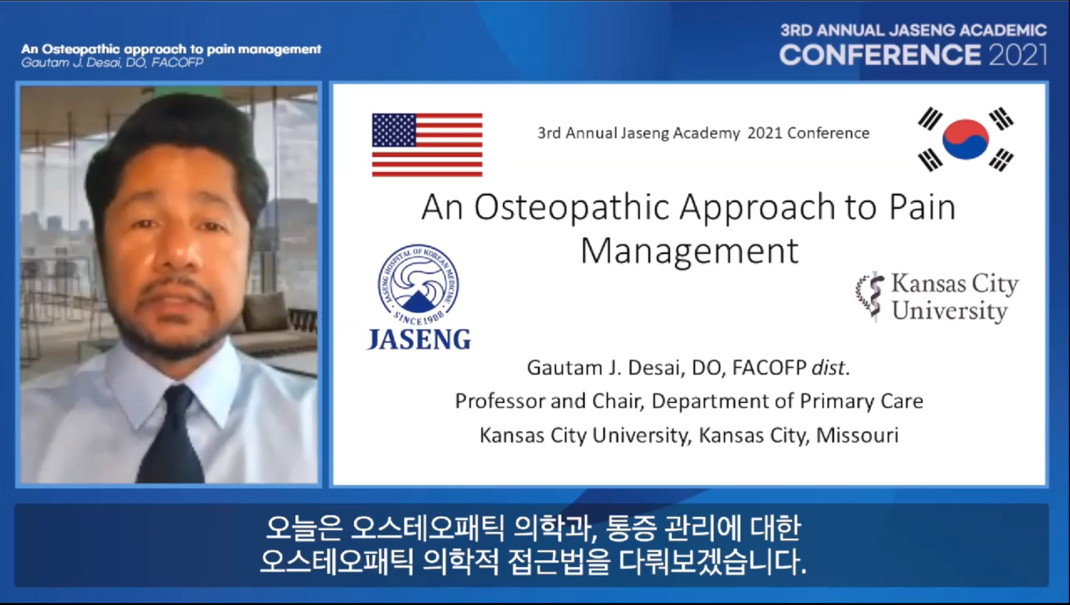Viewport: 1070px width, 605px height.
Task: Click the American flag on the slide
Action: click(427, 145)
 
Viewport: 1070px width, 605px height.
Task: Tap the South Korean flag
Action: click(966, 139)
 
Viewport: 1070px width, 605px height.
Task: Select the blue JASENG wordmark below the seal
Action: click(420, 340)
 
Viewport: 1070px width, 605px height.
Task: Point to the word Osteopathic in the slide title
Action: click(572, 207)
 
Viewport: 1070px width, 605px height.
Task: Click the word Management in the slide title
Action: click(689, 252)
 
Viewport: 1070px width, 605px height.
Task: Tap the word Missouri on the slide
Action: click(857, 435)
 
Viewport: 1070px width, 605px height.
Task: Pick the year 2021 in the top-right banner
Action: click(1018, 55)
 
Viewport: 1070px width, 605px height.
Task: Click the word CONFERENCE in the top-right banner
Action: click(880, 55)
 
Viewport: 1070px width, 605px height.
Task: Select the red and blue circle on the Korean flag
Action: click(966, 139)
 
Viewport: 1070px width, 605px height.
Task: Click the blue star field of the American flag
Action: click(394, 130)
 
